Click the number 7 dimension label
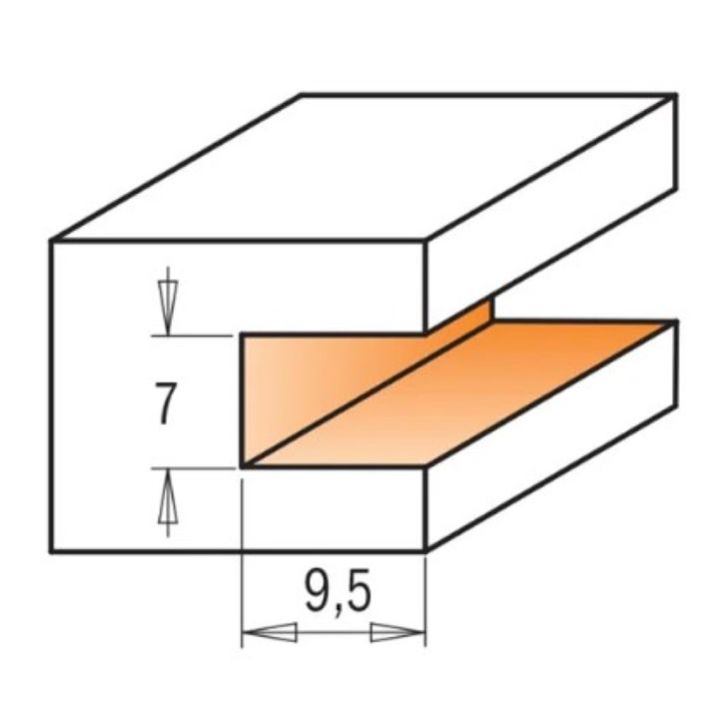click(x=168, y=402)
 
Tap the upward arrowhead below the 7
click(x=169, y=498)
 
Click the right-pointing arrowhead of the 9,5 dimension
click(x=396, y=633)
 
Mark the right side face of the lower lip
click(x=549, y=439)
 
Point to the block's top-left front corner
click(x=52, y=240)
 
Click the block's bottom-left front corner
click(x=52, y=551)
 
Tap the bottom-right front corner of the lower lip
click(x=427, y=551)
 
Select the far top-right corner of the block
click(x=676, y=95)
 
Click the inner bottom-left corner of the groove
click(x=243, y=465)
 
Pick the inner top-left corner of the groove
click(x=243, y=335)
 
